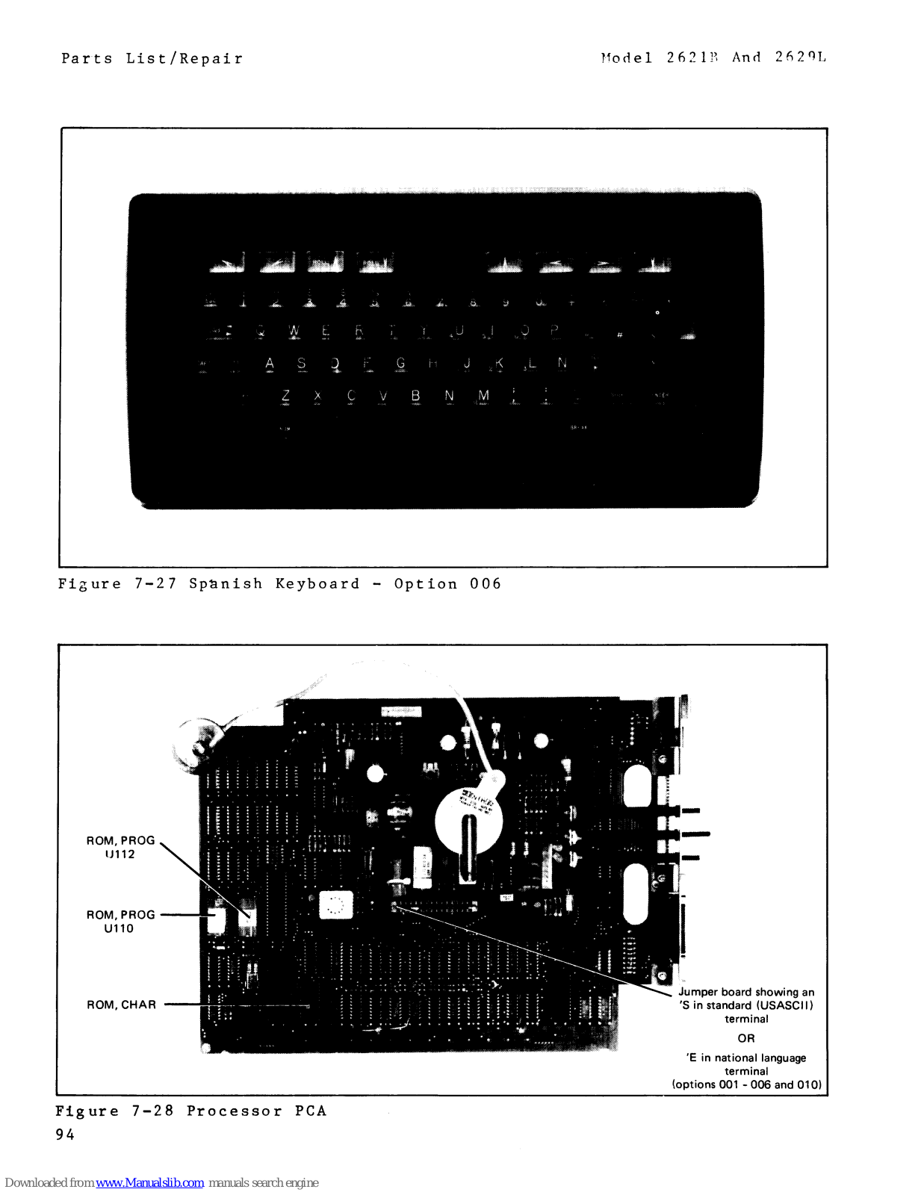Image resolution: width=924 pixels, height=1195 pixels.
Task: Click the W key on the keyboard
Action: pos(294,331)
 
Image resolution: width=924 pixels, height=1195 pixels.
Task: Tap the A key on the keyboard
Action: pos(270,364)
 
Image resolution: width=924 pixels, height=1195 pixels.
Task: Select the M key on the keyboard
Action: pos(483,396)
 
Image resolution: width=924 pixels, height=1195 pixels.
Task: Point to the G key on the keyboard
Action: pos(400,364)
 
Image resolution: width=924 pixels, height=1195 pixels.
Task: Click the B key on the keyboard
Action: pos(415,396)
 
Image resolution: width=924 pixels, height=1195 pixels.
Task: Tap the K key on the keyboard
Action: pos(498,364)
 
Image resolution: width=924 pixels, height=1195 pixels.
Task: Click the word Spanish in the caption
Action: pos(226,584)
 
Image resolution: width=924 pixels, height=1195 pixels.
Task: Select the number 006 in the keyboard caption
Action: pos(486,584)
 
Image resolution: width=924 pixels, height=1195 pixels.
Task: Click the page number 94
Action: pos(65,1135)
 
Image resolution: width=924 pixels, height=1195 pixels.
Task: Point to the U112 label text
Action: pos(120,854)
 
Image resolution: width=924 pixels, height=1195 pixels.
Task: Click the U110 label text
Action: pos(119,928)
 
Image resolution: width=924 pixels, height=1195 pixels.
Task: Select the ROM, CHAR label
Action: pos(121,1005)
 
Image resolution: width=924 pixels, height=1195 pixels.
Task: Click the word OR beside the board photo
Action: pos(746,1038)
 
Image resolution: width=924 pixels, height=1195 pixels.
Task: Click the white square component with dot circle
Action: pos(335,906)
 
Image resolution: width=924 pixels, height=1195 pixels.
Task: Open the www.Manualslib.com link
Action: pos(149,1182)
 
